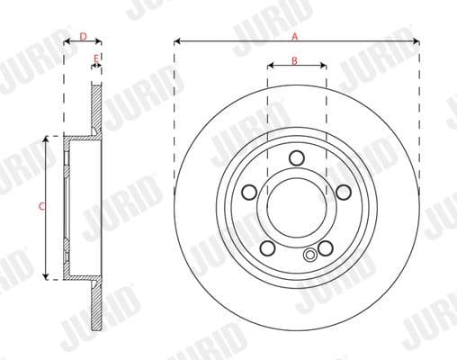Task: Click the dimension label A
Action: pyautogui.click(x=295, y=36)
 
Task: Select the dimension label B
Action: pyautogui.click(x=295, y=60)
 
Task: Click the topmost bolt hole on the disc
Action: pyautogui.click(x=297, y=158)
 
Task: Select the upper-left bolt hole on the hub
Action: pyautogui.click(x=250, y=192)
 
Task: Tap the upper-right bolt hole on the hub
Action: pyautogui.click(x=344, y=192)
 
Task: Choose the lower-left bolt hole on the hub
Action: pyautogui.click(x=267, y=247)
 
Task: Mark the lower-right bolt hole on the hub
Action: pyautogui.click(x=326, y=247)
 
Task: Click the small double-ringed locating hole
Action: pyautogui.click(x=311, y=256)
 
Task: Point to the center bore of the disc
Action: pyautogui.click(x=297, y=208)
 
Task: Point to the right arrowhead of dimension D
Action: pyautogui.click(x=99, y=41)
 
